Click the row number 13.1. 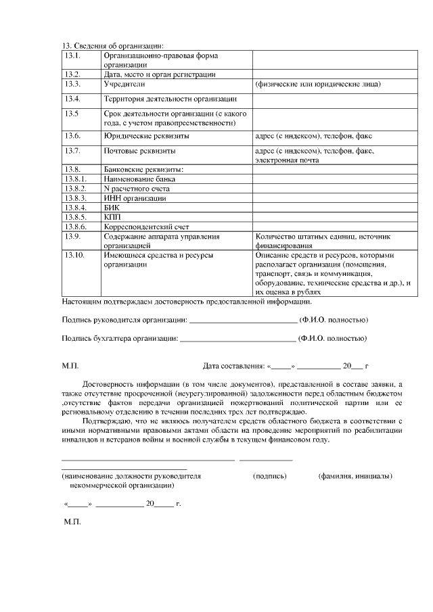tap(73, 55)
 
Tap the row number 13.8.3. tap(75, 198)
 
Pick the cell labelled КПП tap(112, 217)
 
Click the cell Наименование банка tap(139, 179)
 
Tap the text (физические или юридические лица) tap(317, 85)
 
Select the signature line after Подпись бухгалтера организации tap(238, 338)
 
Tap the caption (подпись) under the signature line tap(270, 476)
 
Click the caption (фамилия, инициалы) tap(355, 476)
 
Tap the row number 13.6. tap(73, 136)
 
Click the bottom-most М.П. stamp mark tap(71, 523)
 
